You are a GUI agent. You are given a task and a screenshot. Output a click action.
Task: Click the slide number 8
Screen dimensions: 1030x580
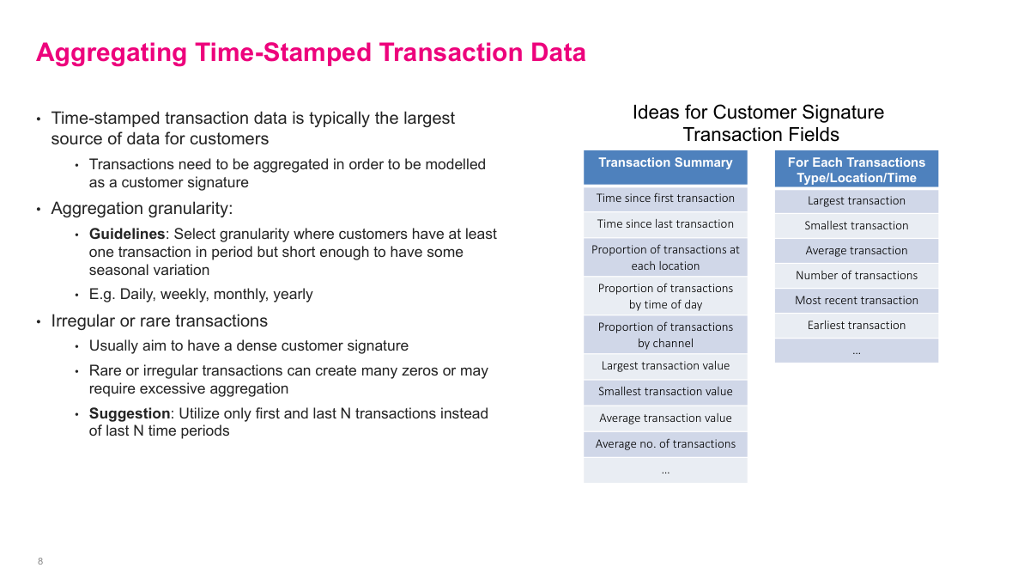click(40, 561)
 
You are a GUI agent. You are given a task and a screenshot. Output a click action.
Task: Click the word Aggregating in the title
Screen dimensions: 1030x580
click(112, 53)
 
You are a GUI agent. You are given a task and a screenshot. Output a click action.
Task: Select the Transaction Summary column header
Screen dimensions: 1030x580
click(665, 168)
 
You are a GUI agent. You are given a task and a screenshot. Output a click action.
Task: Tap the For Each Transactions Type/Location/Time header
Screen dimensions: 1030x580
click(857, 169)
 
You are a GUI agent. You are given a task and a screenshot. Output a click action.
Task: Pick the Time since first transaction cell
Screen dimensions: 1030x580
click(665, 198)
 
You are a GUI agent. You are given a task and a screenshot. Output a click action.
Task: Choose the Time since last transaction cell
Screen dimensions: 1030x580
click(665, 224)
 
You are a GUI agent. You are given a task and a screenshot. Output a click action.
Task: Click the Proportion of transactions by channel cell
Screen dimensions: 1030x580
click(665, 334)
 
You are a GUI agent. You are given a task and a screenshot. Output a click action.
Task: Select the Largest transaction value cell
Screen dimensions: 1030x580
click(665, 366)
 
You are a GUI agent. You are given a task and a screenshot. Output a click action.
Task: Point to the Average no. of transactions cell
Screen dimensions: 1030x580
click(665, 444)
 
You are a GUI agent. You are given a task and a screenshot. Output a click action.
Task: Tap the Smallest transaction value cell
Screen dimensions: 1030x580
click(665, 392)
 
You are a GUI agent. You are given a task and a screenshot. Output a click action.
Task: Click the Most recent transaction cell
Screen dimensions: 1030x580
click(857, 301)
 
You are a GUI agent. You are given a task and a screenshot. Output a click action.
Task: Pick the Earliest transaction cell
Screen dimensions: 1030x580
click(857, 326)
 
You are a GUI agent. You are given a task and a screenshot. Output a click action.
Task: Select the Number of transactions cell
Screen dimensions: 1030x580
click(857, 276)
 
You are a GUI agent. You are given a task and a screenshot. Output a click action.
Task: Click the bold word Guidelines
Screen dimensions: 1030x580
click(127, 234)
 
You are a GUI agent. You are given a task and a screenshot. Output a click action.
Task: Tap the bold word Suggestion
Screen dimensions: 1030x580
click(130, 413)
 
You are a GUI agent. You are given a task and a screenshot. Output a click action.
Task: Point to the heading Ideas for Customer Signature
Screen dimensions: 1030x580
click(758, 113)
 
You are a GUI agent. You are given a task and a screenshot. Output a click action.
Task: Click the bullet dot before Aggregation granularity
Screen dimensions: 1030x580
click(39, 210)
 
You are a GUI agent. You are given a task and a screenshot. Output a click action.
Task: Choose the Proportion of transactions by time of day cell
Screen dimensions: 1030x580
click(665, 296)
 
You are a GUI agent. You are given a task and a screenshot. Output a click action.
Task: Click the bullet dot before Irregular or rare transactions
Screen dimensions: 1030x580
click(39, 321)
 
